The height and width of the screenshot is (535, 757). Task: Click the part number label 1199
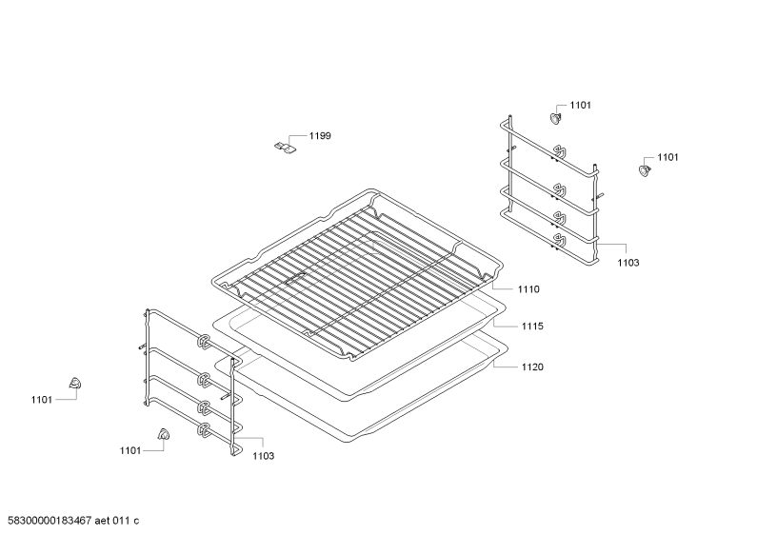320,136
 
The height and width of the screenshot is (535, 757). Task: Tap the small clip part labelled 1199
285,147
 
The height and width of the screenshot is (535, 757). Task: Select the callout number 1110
528,289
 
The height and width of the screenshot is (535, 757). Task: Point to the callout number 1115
532,326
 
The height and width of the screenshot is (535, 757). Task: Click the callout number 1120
532,367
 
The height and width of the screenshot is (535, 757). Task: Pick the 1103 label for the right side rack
628,263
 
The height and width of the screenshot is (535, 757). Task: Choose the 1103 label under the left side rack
263,456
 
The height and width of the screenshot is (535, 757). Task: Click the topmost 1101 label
580,106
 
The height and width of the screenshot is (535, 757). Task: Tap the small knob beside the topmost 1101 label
556,118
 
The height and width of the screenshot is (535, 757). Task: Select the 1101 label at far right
667,157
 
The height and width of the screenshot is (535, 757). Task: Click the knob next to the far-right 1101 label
644,170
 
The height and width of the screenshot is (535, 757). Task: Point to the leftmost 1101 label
42,399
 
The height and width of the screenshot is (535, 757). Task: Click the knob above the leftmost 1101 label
74,384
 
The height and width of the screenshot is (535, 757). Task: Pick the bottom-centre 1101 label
130,450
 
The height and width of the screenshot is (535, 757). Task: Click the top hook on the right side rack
559,151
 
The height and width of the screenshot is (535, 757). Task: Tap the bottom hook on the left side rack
203,430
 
